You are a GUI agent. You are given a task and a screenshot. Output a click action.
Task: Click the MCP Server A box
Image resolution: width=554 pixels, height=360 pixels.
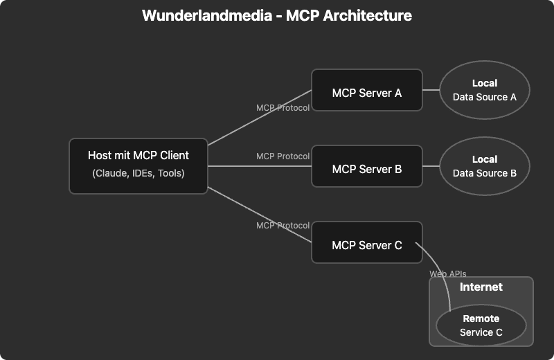tap(366, 90)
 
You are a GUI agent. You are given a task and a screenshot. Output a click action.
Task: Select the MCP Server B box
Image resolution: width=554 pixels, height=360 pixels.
tap(366, 166)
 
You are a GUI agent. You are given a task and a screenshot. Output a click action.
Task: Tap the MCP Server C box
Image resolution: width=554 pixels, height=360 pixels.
tap(366, 242)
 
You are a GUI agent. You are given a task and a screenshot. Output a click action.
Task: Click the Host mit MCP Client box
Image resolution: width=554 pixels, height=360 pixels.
tap(138, 166)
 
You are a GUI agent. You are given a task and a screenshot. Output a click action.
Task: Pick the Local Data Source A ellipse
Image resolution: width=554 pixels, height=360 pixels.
tap(485, 90)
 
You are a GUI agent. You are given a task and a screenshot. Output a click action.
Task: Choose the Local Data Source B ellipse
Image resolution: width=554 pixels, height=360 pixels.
tap(485, 166)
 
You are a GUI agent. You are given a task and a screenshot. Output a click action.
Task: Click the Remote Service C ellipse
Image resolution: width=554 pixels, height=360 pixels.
tap(481, 325)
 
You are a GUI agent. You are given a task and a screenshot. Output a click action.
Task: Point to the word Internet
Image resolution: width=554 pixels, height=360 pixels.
tap(481, 287)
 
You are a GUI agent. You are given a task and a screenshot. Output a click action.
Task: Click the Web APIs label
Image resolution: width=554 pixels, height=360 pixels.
tap(448, 274)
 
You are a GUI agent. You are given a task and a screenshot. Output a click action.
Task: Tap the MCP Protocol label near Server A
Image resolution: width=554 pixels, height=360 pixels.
tap(283, 108)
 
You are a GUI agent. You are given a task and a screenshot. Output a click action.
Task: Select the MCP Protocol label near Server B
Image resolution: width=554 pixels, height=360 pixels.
tap(283, 156)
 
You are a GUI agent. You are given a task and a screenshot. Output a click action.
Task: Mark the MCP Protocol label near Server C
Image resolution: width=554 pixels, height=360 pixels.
tap(283, 226)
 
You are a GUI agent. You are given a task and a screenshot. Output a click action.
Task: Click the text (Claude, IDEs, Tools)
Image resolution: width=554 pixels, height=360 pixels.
tap(138, 173)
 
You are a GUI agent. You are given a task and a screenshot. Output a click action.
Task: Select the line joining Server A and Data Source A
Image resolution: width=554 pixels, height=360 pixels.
tap(431, 90)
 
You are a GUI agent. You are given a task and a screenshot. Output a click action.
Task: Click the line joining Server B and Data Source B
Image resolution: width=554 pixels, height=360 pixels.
tap(431, 166)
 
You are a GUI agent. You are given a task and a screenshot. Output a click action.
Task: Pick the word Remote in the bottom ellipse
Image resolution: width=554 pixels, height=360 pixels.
tap(481, 319)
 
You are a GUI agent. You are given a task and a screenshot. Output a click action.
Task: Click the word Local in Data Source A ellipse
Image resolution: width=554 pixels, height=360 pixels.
tap(485, 83)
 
